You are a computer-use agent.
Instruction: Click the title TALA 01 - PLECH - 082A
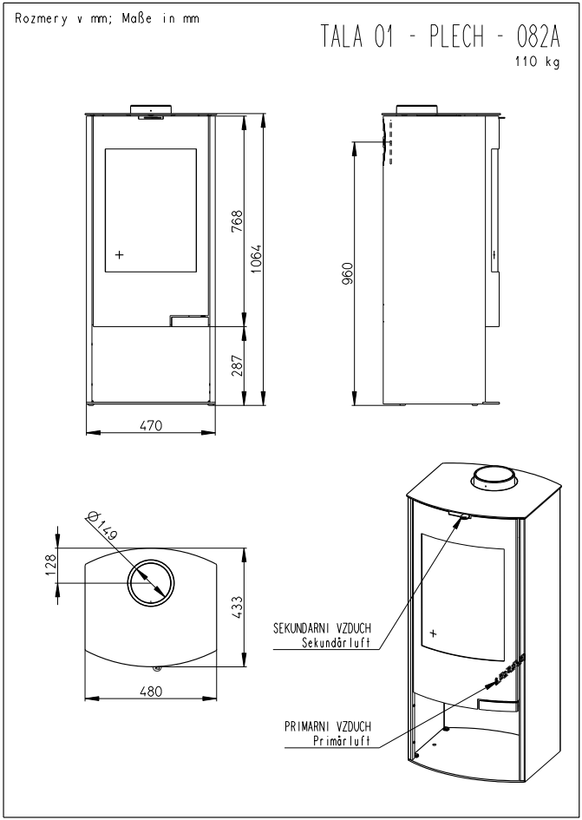click(441, 37)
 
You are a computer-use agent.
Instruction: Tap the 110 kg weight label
click(538, 62)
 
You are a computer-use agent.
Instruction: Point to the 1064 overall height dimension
click(255, 259)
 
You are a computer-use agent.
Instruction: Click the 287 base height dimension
click(238, 366)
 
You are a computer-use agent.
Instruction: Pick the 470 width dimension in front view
click(151, 426)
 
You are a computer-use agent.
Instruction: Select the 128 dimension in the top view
click(50, 565)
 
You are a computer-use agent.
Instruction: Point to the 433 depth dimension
click(237, 607)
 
